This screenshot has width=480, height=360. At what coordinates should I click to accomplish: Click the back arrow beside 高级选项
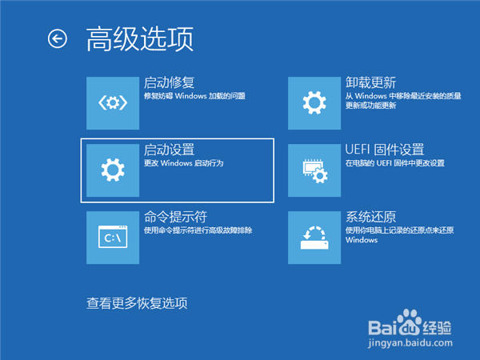58,38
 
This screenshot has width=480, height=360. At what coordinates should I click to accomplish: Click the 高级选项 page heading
140,38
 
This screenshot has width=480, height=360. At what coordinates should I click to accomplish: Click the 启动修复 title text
169,82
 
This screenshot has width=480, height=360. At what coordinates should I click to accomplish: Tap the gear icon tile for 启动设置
112,170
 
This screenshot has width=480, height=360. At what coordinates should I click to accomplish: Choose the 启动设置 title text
169,150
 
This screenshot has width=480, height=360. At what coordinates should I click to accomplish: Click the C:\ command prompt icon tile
112,237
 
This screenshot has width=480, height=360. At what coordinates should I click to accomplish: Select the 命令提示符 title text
175,217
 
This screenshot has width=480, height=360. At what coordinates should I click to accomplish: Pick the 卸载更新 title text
371,82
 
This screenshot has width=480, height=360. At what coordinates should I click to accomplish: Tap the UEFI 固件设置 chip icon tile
314,170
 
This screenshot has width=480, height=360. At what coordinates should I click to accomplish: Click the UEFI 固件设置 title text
384,150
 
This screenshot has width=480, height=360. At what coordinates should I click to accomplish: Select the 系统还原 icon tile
314,237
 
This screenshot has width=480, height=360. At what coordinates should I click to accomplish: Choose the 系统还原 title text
371,217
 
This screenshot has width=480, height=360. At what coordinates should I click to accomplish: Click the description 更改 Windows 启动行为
183,163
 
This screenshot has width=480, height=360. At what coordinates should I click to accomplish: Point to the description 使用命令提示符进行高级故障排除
198,230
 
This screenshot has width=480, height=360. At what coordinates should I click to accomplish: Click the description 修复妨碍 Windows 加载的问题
194,96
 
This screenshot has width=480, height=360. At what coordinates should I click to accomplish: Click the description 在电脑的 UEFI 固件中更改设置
394,163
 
